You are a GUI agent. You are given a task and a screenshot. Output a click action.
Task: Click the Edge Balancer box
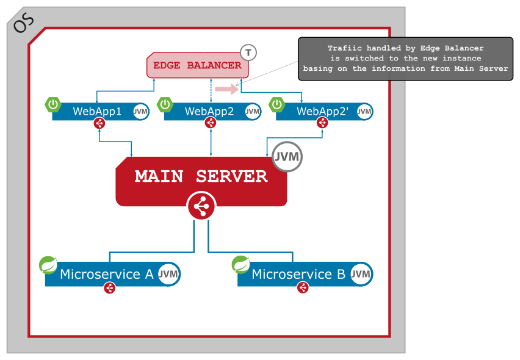click(x=197, y=65)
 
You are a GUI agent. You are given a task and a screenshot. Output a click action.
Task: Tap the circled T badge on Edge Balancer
click(x=248, y=52)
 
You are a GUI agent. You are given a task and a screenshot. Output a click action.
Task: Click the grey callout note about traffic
click(x=405, y=59)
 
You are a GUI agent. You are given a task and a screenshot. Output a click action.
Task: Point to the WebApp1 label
click(x=97, y=111)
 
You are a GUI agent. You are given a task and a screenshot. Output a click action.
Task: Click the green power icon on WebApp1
click(x=54, y=104)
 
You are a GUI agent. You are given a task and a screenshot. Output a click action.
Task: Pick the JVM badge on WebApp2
click(x=253, y=112)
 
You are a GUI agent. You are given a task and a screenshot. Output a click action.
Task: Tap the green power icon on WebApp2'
click(x=278, y=104)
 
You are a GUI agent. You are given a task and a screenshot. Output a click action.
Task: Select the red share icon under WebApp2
click(x=211, y=123)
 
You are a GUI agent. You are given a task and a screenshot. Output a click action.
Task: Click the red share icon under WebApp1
click(x=99, y=123)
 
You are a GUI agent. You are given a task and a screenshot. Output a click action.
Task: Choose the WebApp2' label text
click(x=322, y=111)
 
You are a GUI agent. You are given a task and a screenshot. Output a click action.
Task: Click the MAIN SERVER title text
click(x=201, y=176)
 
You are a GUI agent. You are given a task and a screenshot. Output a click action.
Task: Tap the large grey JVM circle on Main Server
click(x=287, y=156)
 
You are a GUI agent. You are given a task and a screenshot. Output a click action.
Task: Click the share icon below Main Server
click(x=201, y=207)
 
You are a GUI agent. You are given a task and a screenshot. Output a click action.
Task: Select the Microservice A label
click(x=106, y=274)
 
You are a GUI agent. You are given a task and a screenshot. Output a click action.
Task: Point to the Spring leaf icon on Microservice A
click(x=48, y=265)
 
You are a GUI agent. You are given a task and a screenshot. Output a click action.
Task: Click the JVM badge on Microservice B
click(x=361, y=274)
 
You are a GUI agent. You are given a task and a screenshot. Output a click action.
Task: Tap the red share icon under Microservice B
click(x=303, y=287)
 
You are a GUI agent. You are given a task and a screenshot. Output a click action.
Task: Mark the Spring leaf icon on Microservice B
click(x=241, y=265)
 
